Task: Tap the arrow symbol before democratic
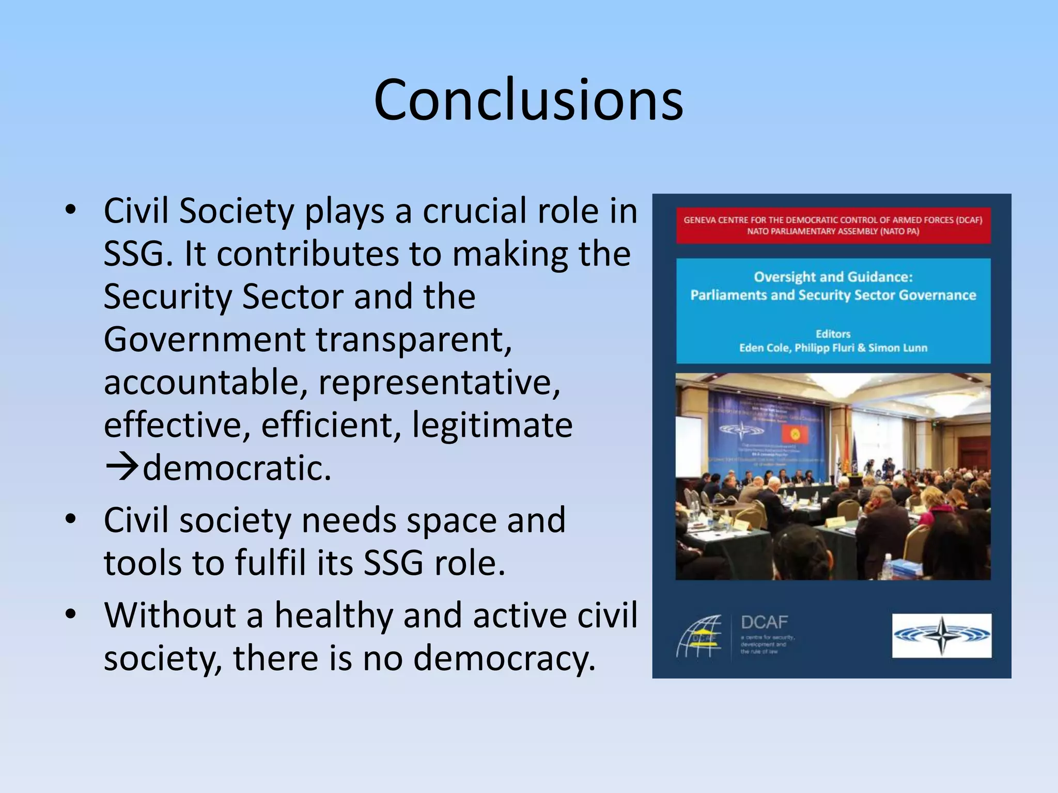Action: pos(122,467)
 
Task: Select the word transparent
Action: pos(413,340)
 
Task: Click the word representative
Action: pos(439,383)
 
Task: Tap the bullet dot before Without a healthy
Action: pos(71,614)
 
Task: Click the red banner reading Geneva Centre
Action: pos(833,226)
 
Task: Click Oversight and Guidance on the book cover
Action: pos(833,277)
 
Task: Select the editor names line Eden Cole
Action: pos(833,347)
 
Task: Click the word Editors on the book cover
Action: pos(833,334)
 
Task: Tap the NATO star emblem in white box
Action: pos(941,636)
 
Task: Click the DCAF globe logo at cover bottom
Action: pos(699,636)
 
